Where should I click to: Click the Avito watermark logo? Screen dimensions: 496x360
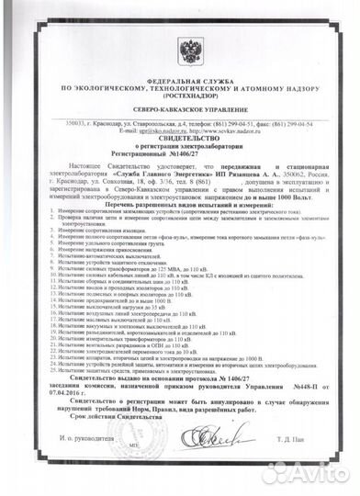[304, 475]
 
